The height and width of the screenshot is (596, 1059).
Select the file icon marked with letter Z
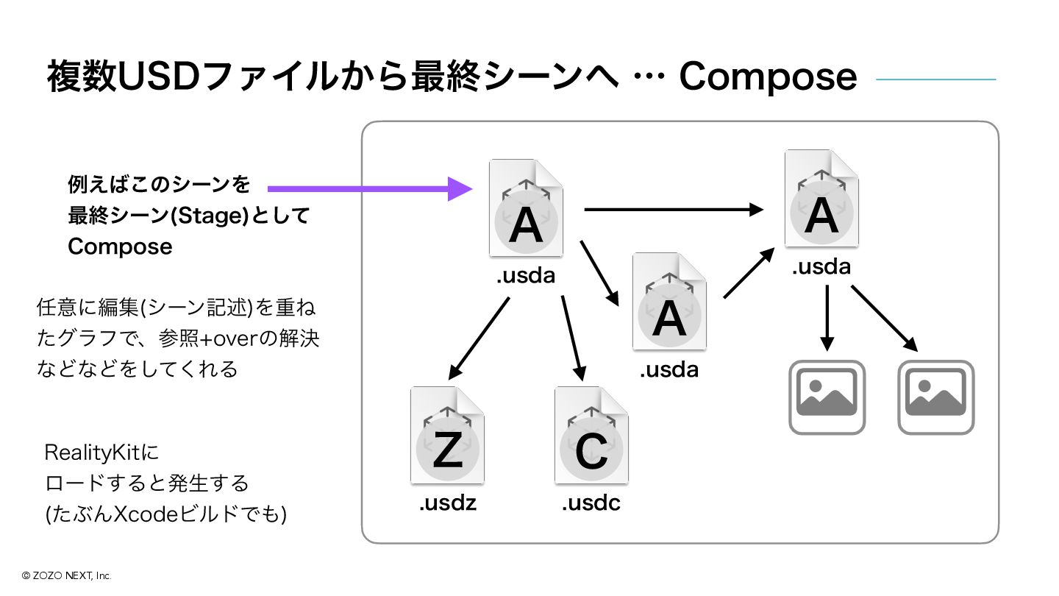coord(447,435)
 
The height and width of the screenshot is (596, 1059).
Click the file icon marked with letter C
coord(591,435)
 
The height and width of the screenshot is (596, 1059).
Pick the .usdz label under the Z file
coord(448,503)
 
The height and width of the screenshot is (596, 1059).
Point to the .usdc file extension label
coord(591,503)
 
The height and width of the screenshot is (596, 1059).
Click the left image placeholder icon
coord(827,397)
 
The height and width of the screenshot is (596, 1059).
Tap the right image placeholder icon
coord(935,397)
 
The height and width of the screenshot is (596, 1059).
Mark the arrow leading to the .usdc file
coord(573,338)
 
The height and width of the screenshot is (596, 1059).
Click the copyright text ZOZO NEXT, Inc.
coord(66,576)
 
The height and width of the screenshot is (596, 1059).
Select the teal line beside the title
coord(935,79)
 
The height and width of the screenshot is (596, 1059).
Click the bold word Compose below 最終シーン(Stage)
coord(120,246)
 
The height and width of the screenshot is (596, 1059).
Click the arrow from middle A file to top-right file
coord(749,273)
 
